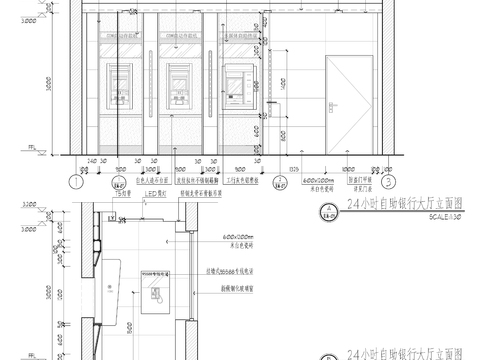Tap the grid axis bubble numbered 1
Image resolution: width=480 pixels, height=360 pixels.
75,182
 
